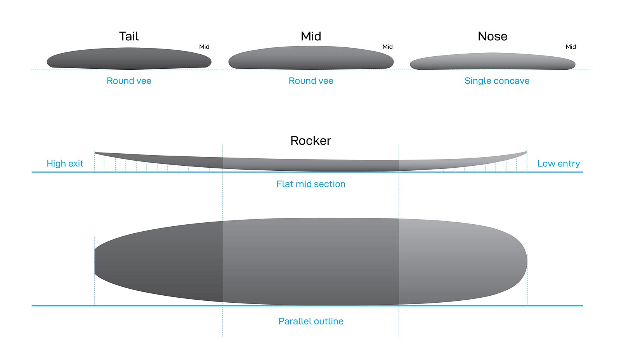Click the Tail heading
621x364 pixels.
(129, 36)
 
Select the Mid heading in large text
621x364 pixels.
(311, 36)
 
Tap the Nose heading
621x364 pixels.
(493, 36)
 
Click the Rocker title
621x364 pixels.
(310, 140)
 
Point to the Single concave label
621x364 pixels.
(497, 81)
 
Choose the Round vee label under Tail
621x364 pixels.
(129, 81)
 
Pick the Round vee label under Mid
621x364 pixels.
(311, 81)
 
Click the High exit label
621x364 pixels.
(65, 163)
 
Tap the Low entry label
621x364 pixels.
(559, 163)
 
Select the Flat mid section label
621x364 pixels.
(310, 184)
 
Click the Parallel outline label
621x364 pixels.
(311, 321)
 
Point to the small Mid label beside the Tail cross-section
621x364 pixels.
(204, 47)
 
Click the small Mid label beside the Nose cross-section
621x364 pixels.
(571, 47)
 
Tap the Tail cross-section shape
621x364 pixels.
(129, 59)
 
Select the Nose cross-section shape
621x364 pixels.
(493, 62)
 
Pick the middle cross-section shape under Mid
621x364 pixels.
(311, 58)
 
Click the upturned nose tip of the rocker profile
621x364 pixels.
(525, 153)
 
